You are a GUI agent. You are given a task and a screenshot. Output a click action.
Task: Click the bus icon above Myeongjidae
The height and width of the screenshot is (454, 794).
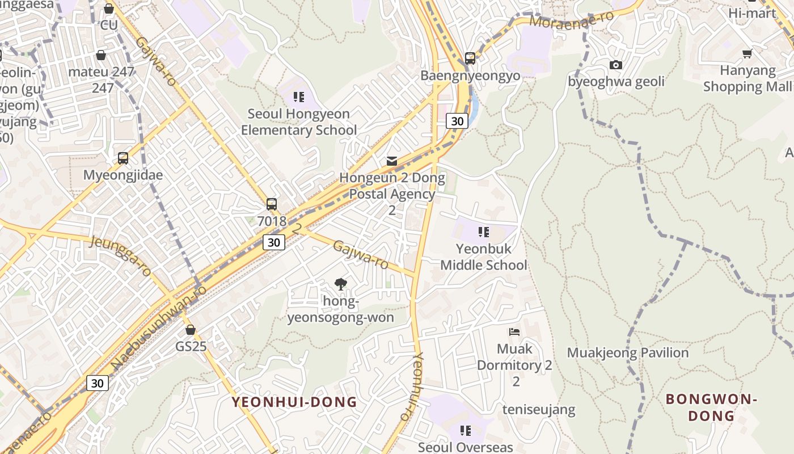pos(123,158)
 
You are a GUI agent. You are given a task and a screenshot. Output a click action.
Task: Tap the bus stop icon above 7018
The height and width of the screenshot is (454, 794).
pos(272,204)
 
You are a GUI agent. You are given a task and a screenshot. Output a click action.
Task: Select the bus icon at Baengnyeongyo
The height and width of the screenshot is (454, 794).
pos(470,58)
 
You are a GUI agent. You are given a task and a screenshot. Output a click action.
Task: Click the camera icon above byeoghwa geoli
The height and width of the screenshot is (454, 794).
pos(616,65)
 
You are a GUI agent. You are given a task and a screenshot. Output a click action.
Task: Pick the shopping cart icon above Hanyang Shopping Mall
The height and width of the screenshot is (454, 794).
pos(747,54)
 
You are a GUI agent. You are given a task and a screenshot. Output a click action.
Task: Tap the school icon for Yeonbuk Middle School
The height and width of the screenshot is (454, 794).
pos(484,232)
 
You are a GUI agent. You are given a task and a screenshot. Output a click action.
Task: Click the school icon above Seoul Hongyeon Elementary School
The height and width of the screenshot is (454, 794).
pos(299,97)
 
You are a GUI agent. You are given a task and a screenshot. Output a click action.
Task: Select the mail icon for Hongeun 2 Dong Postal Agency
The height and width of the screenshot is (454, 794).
pos(392,161)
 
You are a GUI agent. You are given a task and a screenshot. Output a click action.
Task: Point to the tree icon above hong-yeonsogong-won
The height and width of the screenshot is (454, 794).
pos(340,284)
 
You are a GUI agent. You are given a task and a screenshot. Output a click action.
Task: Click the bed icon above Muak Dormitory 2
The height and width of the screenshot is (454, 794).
pos(514,331)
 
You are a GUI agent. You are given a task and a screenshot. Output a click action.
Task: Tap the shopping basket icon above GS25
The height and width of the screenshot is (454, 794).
pos(191,330)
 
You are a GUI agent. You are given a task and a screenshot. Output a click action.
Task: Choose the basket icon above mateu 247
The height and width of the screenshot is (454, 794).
pos(101,55)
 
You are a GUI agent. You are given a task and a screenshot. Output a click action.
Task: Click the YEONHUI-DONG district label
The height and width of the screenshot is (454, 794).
pos(294,402)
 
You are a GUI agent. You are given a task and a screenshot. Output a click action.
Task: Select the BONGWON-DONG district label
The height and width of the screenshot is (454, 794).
pos(712,407)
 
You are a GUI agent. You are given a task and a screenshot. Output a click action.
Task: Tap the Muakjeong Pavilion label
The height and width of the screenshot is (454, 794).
pos(628,353)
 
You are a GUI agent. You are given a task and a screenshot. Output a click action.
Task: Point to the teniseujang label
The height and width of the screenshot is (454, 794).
pos(539,409)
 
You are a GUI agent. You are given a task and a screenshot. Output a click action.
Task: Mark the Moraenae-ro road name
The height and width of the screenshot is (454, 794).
pos(571,19)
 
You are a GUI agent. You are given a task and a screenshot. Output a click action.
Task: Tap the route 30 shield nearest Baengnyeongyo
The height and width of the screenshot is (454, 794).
pos(457,121)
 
